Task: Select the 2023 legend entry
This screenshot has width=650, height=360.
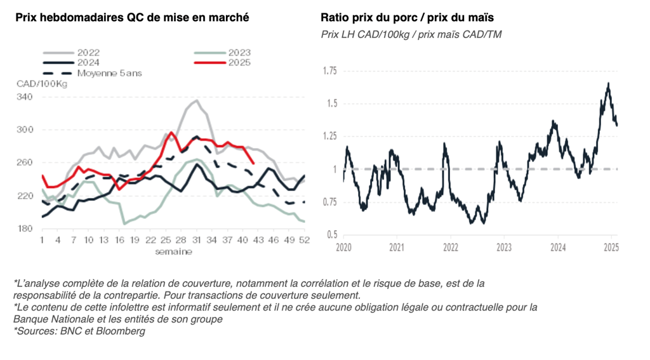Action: [239, 53]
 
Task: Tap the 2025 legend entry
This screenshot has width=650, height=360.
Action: [239, 62]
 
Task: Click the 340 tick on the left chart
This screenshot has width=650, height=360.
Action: [24, 97]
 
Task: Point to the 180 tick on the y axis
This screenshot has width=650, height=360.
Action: [24, 229]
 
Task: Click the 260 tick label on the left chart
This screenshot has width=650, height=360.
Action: [24, 163]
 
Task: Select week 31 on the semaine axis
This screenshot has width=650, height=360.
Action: [197, 241]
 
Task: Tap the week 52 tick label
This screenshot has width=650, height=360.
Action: [305, 241]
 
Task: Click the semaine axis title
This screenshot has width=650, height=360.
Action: [174, 251]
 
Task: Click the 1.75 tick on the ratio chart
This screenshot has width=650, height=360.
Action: [329, 70]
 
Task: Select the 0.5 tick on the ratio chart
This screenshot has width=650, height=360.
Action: [331, 235]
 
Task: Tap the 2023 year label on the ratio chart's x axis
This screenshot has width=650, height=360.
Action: [504, 247]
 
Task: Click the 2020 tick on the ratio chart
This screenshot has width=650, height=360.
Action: [343, 247]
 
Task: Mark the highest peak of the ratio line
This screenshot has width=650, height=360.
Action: [608, 83]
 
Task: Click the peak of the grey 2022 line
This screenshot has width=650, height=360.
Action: [197, 100]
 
